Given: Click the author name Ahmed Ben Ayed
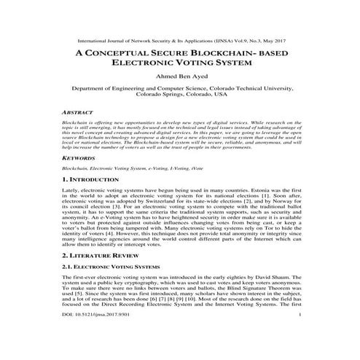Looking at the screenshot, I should coord(180,77).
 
